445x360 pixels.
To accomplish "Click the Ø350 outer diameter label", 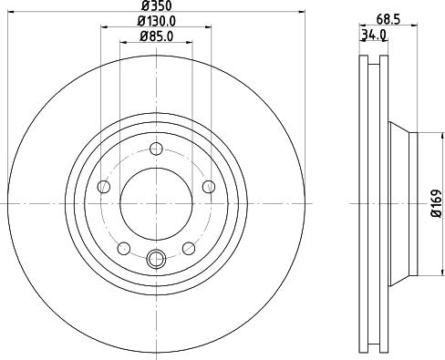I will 156,7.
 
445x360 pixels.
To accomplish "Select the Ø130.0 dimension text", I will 156,22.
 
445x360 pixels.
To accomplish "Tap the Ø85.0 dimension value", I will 156,36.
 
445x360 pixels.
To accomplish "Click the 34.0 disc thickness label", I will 373,36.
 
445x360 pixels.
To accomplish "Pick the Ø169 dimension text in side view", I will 436,202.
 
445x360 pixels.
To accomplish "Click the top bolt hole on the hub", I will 156,149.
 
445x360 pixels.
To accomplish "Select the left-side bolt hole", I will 103,187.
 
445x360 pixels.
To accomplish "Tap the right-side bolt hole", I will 209,187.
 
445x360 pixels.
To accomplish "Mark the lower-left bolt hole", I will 123,248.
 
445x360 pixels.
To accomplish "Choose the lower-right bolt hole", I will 189,248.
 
